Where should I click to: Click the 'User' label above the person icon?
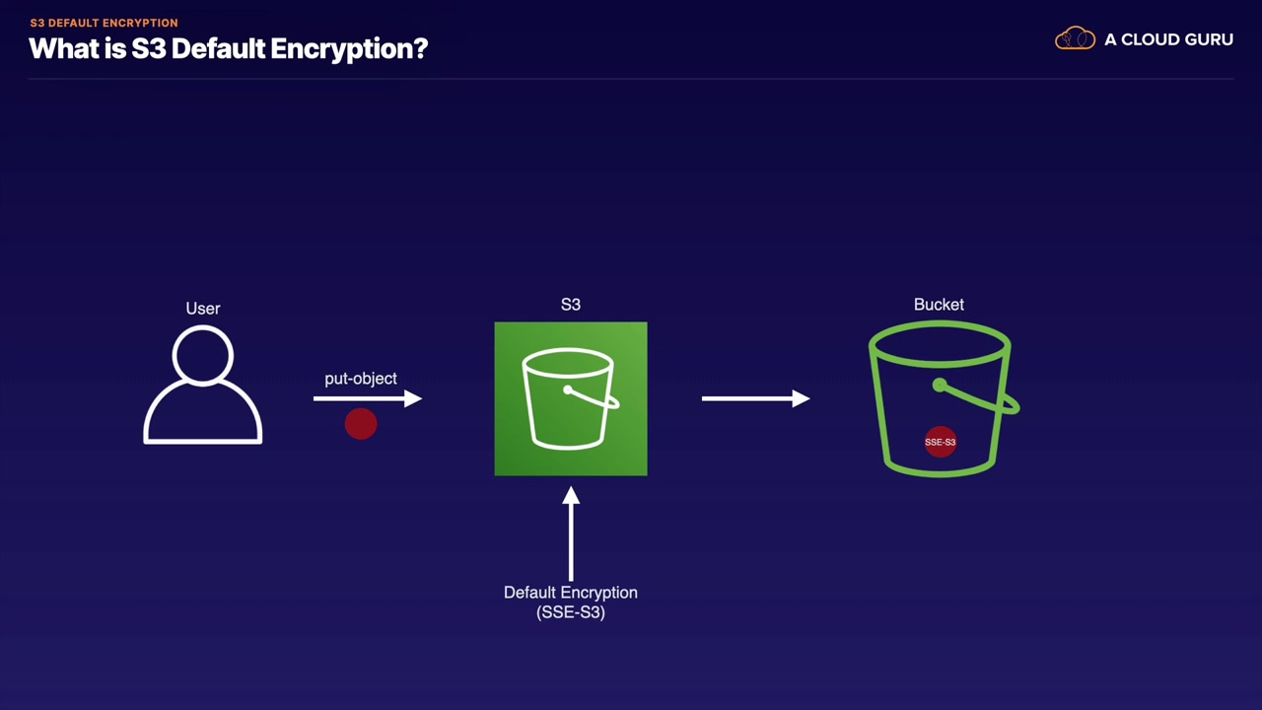click(x=203, y=309)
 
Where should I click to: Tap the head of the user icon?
click(x=203, y=356)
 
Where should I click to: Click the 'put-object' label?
click(x=361, y=379)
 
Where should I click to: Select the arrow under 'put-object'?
click(x=368, y=398)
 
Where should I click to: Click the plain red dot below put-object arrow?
click(x=361, y=424)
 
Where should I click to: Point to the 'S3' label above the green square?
click(x=570, y=305)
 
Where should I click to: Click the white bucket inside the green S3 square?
click(x=570, y=398)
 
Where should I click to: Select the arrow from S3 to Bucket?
click(x=755, y=398)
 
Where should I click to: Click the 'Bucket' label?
click(x=939, y=305)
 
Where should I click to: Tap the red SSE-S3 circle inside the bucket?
click(x=941, y=442)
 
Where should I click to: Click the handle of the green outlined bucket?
click(x=976, y=396)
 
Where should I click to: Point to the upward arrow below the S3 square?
click(x=571, y=533)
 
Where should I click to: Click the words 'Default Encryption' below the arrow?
click(x=570, y=593)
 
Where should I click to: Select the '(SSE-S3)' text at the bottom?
click(x=570, y=612)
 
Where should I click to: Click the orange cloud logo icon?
click(x=1075, y=38)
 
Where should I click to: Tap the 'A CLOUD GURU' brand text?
click(x=1168, y=39)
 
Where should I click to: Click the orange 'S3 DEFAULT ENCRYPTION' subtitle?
click(x=104, y=23)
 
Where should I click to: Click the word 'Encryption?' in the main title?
click(x=349, y=49)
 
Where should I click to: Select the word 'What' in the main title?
click(x=62, y=48)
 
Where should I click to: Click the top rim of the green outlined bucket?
click(x=940, y=344)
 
